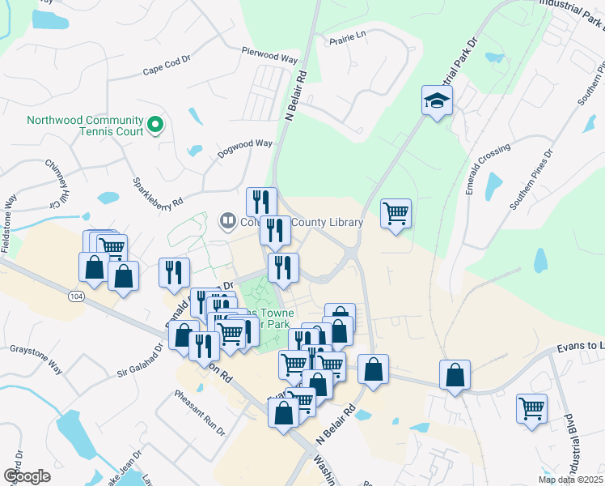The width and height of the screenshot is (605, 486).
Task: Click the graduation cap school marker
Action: pos(437,101)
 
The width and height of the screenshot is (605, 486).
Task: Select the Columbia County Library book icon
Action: pos(228,221)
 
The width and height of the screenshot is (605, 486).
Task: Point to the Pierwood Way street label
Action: pos(269,53)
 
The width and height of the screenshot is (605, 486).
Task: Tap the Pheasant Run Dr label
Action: pos(197,412)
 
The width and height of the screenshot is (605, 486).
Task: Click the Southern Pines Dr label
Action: pos(531,179)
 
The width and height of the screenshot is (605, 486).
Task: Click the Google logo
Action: pos(27,476)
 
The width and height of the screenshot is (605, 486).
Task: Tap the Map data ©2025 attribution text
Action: pos(569,480)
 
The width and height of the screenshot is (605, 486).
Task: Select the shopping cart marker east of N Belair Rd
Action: pos(396,215)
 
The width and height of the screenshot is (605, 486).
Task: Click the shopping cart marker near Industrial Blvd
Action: pos(531,409)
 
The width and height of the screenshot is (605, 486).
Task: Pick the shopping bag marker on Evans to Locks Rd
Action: pos(455,376)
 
